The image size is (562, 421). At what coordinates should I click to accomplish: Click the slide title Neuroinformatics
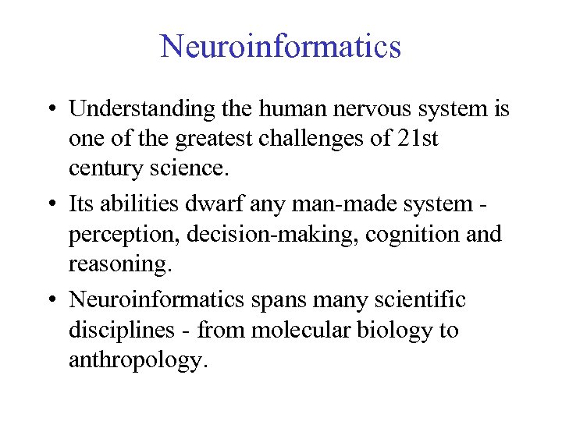281,47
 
